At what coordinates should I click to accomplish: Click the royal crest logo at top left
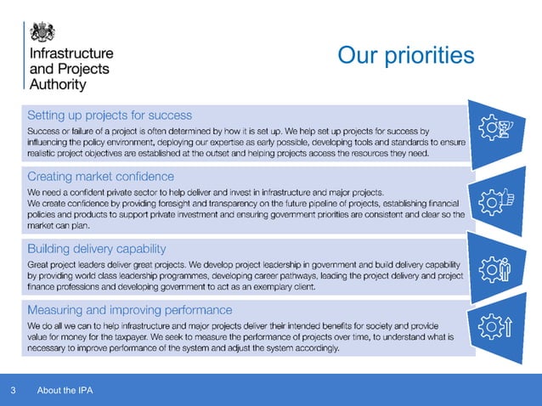coord(42,31)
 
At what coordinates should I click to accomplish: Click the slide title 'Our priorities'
coord(405,55)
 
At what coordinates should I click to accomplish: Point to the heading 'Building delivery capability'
coord(96,249)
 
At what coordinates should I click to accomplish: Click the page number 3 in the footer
coord(13,391)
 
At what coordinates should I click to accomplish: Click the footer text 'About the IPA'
coord(65,391)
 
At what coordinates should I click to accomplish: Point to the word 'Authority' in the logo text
coord(58,85)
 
